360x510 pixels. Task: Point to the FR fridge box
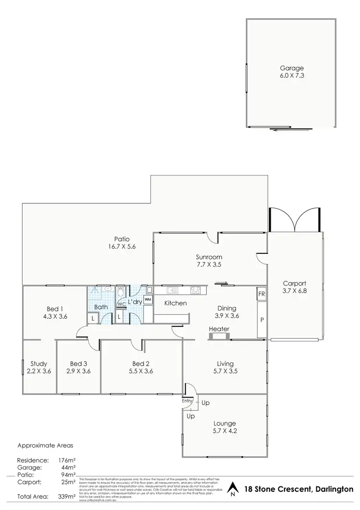pyautogui.click(x=262, y=294)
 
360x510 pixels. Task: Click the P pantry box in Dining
pyautogui.click(x=262, y=320)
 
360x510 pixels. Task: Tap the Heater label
pyautogui.click(x=219, y=329)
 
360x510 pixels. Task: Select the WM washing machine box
pyautogui.click(x=148, y=299)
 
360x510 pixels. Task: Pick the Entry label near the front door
pyautogui.click(x=187, y=400)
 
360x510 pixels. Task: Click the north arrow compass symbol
pyautogui.click(x=232, y=488)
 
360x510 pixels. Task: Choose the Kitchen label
pyautogui.click(x=175, y=303)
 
